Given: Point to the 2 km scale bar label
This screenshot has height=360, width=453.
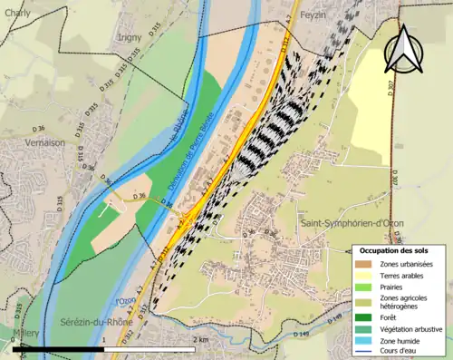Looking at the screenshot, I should point(201,339).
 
